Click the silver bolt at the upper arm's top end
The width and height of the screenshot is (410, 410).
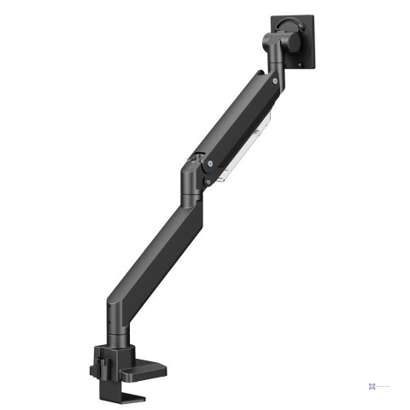pos(275,82)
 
